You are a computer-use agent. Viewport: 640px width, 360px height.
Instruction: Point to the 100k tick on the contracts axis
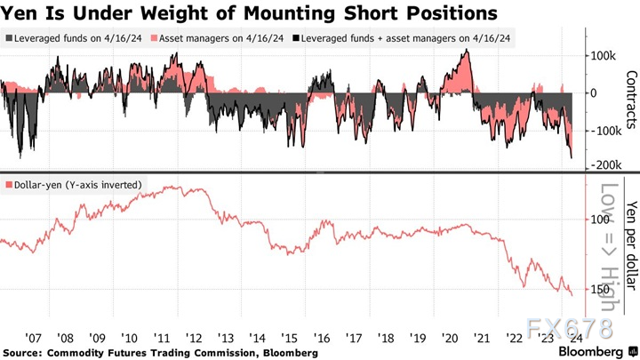[601, 55]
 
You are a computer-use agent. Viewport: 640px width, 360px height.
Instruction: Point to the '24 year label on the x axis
[575, 338]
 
